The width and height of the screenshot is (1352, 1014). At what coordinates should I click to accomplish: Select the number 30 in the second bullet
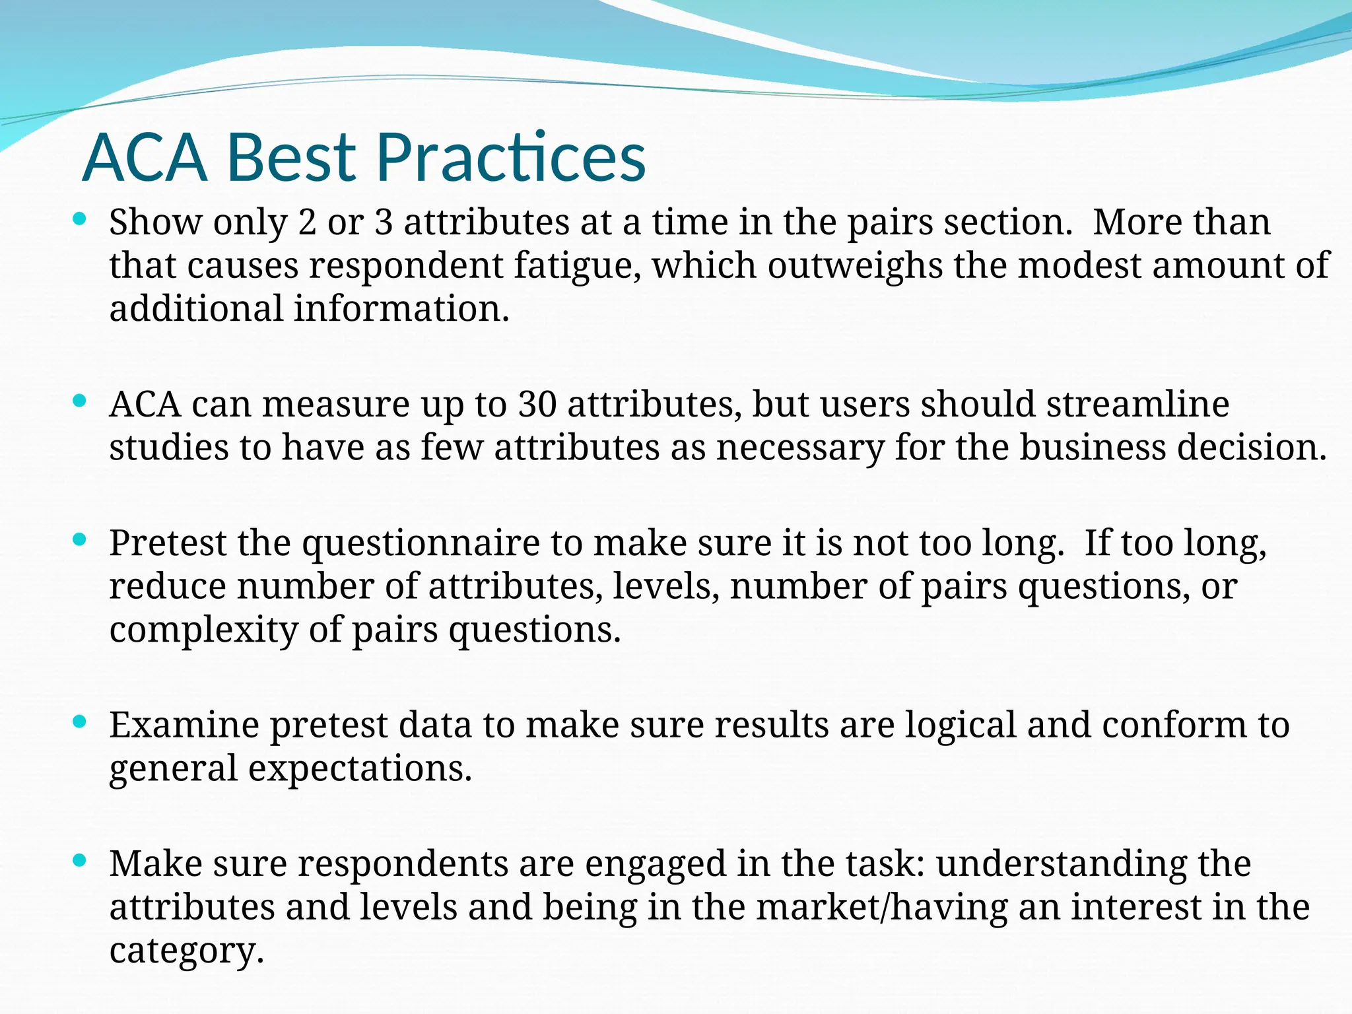(x=537, y=403)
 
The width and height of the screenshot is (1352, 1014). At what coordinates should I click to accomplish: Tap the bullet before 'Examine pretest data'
(x=80, y=722)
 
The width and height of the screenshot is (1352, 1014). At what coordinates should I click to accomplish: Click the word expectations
(x=360, y=768)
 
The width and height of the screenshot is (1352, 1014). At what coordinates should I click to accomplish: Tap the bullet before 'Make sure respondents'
(x=80, y=860)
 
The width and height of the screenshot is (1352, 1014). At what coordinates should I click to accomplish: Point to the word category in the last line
(x=186, y=951)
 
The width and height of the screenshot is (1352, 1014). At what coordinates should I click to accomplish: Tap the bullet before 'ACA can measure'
(x=80, y=401)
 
